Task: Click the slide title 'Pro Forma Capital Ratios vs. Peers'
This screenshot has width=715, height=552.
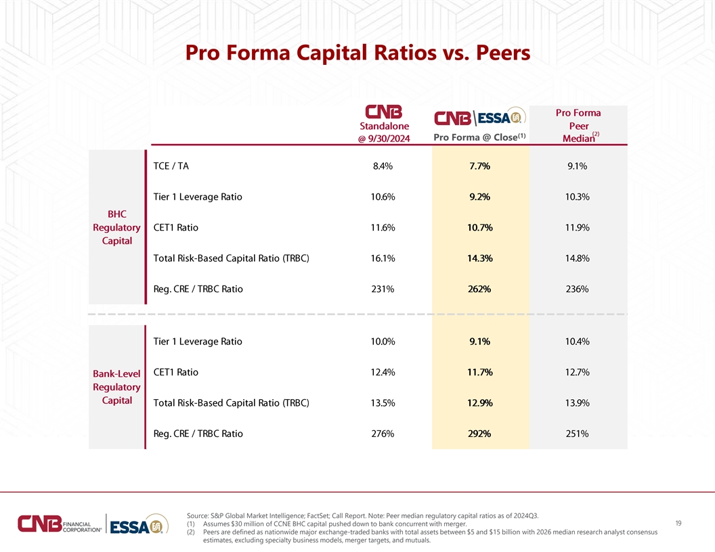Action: tap(357, 53)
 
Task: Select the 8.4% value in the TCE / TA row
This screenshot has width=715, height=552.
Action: tap(383, 166)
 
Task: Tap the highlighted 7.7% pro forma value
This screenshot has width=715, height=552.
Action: tap(479, 166)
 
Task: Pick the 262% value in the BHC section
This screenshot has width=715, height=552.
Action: tap(479, 290)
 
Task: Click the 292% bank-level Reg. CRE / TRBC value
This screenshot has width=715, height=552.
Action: tap(479, 434)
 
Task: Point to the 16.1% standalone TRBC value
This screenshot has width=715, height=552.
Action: tap(383, 258)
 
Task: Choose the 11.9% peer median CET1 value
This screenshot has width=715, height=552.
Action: tap(578, 228)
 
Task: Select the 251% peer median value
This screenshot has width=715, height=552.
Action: tap(578, 434)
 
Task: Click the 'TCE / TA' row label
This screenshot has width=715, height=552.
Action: tap(171, 166)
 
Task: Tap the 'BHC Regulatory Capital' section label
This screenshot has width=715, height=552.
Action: tap(116, 227)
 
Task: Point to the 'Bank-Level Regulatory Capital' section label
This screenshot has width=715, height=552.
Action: tap(116, 387)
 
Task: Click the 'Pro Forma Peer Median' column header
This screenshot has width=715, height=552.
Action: tap(578, 126)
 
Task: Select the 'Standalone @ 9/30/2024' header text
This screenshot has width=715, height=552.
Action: tap(384, 132)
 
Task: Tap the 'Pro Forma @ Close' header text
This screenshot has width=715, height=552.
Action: tap(479, 137)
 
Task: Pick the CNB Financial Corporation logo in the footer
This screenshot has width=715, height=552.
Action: tap(60, 524)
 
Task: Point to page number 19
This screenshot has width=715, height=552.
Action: tap(678, 524)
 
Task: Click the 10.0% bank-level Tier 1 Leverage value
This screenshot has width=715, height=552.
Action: tap(383, 342)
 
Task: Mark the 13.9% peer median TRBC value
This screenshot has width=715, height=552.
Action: tap(578, 403)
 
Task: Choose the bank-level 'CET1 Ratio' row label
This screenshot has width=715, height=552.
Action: tap(175, 373)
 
